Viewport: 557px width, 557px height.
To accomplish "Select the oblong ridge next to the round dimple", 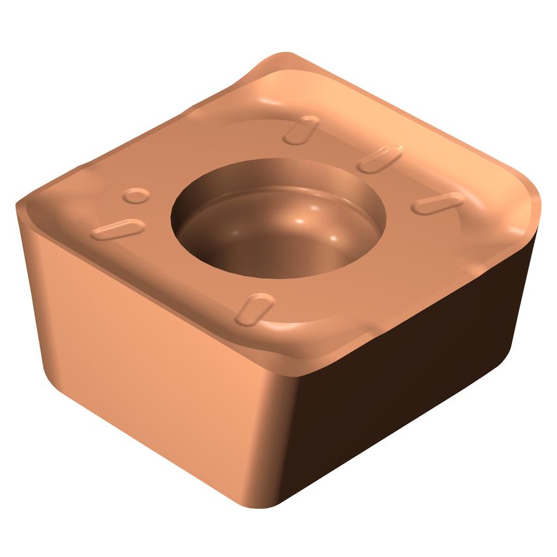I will (x=118, y=229).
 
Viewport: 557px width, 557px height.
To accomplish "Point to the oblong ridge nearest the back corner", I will (x=301, y=128).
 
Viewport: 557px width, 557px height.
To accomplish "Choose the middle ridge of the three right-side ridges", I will (x=380, y=158).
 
